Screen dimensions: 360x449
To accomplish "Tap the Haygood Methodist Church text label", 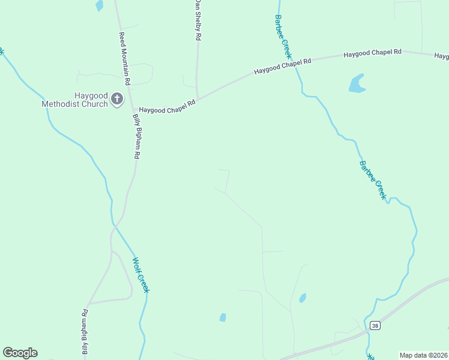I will click(x=74, y=100).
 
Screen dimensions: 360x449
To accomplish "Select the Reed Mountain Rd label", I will click(x=124, y=58).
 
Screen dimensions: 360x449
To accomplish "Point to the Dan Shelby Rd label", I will click(x=196, y=20).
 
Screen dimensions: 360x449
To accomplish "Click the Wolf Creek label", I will click(x=140, y=275).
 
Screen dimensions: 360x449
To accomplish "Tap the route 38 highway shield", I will click(x=375, y=326).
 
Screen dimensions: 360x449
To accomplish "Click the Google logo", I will click(x=20, y=353).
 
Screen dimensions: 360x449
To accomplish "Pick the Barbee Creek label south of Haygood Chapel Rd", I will click(x=372, y=180).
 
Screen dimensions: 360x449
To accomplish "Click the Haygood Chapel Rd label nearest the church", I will click(x=167, y=107).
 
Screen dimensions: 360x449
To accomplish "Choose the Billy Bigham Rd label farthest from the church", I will click(x=85, y=334).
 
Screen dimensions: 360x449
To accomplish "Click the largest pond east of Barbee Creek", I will click(x=357, y=83).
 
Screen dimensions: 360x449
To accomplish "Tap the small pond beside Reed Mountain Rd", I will click(x=99, y=5).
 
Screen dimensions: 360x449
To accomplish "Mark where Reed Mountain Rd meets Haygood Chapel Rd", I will click(x=130, y=108).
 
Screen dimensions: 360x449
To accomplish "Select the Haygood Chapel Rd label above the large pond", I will click(x=372, y=53).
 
